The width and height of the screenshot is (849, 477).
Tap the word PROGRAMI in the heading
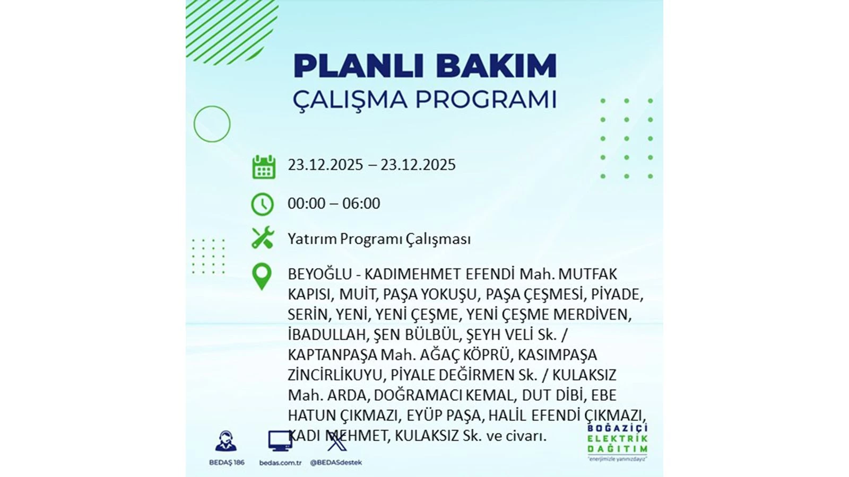pos(486,100)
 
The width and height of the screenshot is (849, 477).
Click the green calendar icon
pos(264,166)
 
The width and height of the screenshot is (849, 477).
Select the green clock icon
pos(262,205)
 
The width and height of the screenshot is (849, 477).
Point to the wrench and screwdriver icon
pos(263,237)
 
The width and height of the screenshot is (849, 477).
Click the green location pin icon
pos(262,277)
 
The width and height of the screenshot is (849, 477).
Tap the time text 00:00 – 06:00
pos(334,204)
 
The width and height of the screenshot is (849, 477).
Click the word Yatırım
pos(312,239)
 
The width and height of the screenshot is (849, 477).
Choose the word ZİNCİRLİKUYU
pos(335,375)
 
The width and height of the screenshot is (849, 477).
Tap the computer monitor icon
pos(280,441)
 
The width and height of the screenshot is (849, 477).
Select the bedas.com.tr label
pos(281,463)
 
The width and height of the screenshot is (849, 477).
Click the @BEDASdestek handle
pos(336,463)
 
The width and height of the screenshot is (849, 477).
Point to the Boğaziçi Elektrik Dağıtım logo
pos(618,442)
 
